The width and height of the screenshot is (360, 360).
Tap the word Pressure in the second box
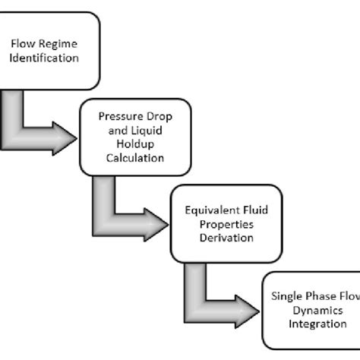tap(118, 118)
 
